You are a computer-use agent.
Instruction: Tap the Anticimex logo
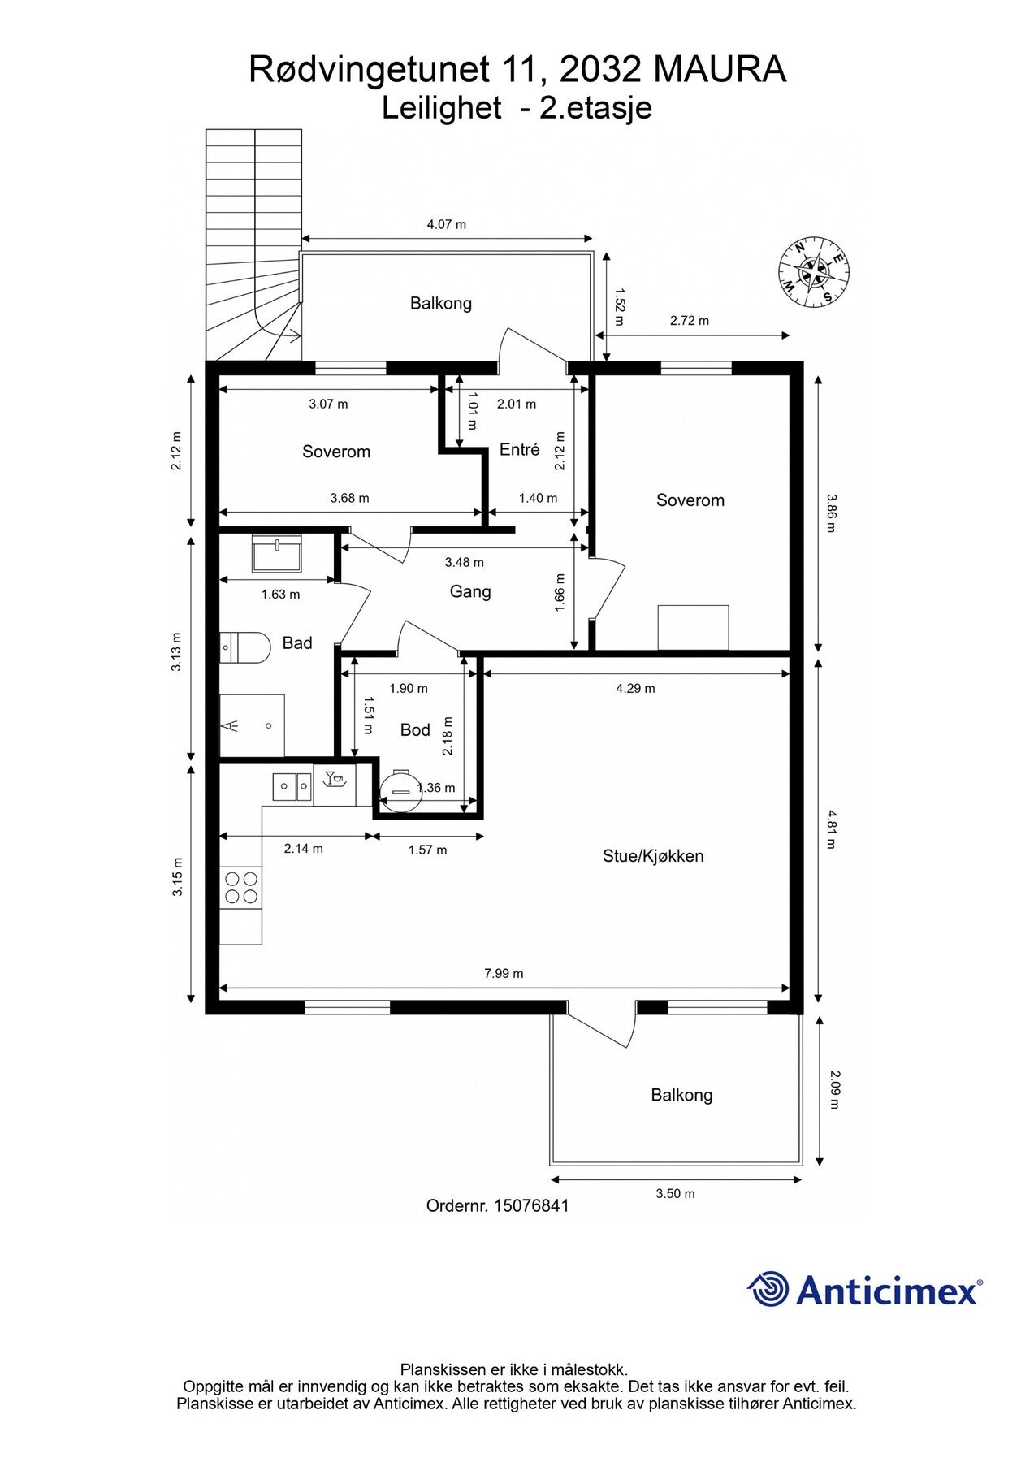coord(864,1289)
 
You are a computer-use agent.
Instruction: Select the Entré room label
coord(520,449)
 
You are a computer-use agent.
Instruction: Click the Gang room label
coord(470,591)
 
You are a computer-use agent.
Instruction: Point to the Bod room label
coord(415,730)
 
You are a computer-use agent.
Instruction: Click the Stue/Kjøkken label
coord(653,855)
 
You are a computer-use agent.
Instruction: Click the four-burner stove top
coord(241,887)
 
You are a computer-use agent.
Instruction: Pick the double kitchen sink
coord(292,785)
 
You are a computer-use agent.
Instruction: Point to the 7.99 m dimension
coord(504,973)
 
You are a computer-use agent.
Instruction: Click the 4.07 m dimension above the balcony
coord(447,224)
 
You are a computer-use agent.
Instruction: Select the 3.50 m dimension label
coord(675,1193)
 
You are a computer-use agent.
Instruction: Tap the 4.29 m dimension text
coord(635,688)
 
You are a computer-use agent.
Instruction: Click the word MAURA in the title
coord(720,70)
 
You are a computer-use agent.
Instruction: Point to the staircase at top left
coord(253,244)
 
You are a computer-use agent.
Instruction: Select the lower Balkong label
coord(681,1095)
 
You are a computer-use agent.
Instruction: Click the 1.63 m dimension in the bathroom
coord(280,594)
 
